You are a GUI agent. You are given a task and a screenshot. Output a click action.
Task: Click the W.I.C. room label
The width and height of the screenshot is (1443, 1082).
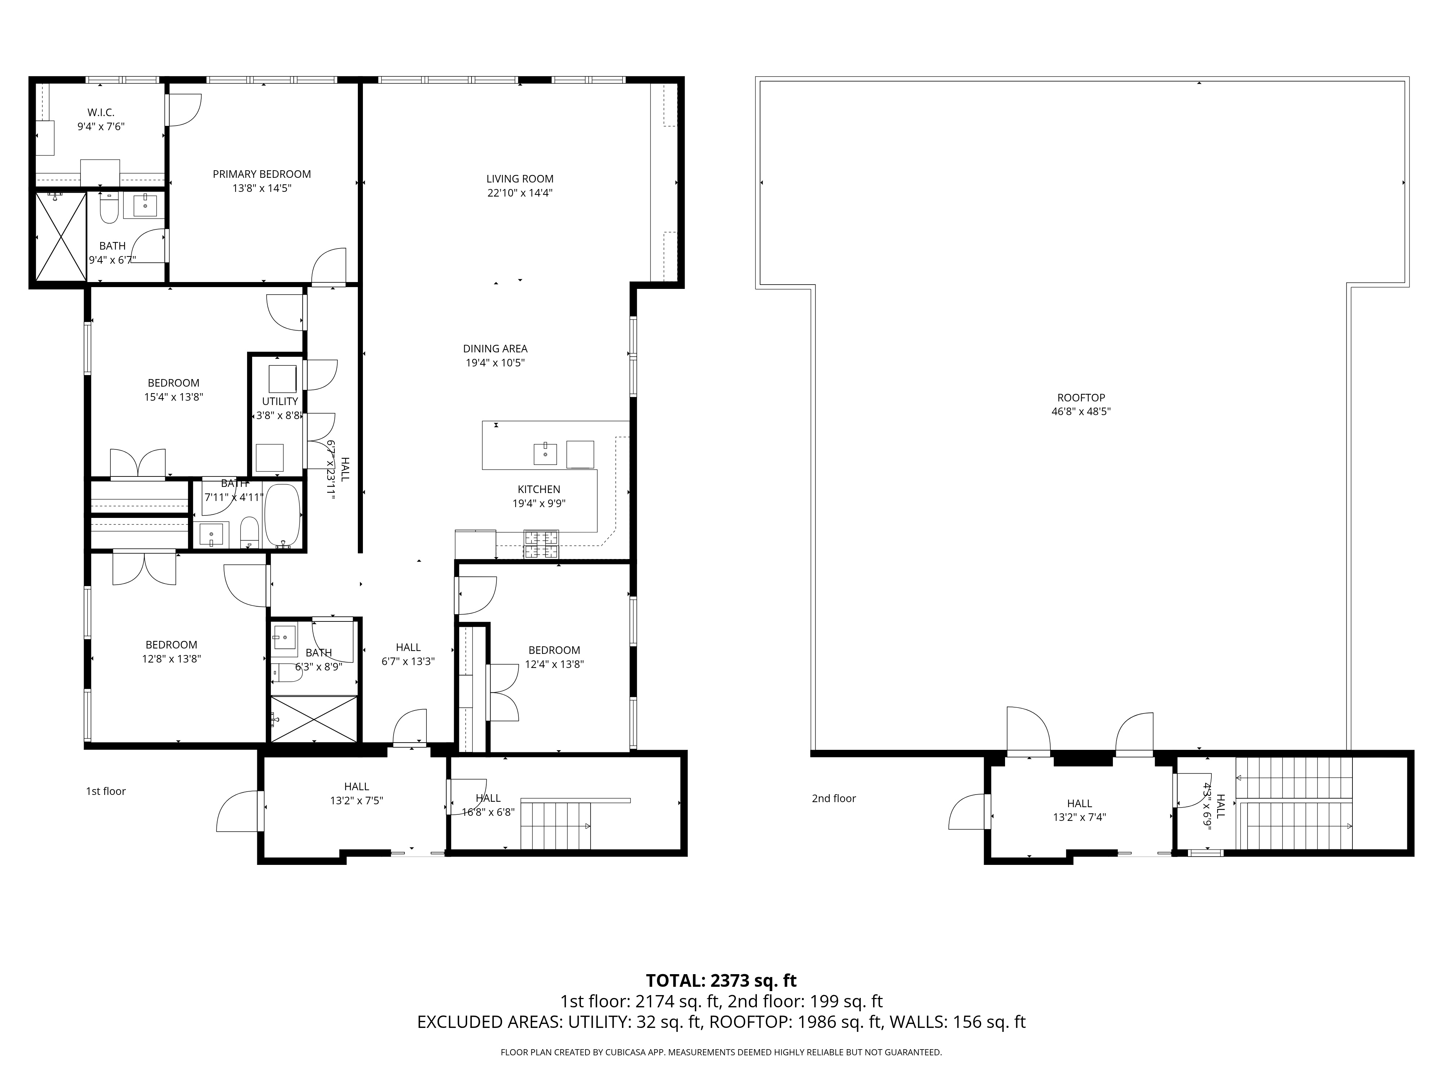pos(101,113)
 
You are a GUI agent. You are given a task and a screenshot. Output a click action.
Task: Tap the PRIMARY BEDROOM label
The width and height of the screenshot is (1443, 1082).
pos(262,174)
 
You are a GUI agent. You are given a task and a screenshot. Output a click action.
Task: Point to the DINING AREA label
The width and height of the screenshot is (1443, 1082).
pos(495,349)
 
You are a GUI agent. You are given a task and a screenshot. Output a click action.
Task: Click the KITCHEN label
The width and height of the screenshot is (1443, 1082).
pos(539,489)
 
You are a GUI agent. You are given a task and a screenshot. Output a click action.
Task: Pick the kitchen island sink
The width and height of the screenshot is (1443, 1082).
pos(545,453)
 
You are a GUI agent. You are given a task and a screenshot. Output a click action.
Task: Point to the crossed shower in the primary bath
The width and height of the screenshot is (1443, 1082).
pos(61,237)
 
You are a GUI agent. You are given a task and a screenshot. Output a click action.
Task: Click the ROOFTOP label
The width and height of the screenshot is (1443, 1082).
pos(1081,398)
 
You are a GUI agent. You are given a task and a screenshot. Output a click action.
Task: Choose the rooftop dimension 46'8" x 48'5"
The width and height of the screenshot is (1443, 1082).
pos(1081,412)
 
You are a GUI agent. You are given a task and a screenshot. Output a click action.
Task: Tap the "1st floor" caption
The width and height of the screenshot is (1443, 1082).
pos(106,791)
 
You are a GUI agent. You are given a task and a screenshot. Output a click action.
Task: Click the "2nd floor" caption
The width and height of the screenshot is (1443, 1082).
pos(834,798)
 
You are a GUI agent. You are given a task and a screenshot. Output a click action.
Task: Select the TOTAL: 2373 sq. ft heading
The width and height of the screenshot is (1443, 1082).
pos(721,981)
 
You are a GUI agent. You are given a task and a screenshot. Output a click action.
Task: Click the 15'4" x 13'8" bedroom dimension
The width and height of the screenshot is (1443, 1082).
pos(174,396)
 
